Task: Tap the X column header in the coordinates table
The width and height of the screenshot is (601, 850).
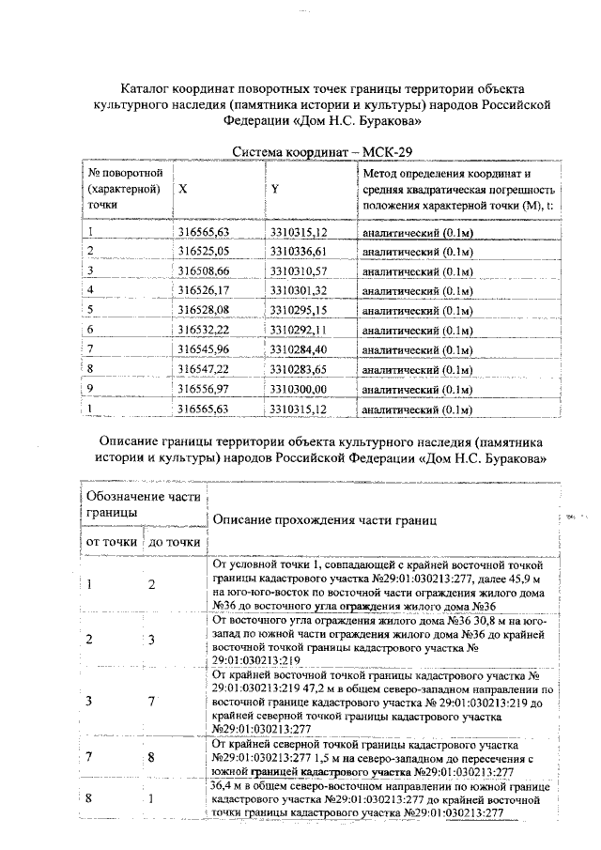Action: (x=182, y=189)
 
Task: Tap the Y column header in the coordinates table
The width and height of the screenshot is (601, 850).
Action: (x=275, y=189)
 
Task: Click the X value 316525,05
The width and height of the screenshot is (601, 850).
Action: (x=204, y=251)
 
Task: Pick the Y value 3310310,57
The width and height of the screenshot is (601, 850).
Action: (x=298, y=270)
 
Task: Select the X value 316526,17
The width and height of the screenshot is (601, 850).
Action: (x=204, y=290)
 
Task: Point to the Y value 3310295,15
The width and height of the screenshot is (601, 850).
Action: (x=298, y=310)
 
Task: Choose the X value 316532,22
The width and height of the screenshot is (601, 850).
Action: (x=204, y=330)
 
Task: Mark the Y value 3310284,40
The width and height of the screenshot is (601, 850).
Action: (x=298, y=349)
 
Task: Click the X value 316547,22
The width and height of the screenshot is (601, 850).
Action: (x=204, y=369)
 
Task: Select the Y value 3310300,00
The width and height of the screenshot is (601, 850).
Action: (x=298, y=389)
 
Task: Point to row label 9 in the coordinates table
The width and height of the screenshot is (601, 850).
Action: (x=89, y=389)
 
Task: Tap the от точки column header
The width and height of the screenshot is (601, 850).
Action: (x=109, y=541)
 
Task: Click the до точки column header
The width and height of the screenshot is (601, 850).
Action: (x=174, y=541)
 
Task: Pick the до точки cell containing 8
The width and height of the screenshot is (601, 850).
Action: (x=151, y=756)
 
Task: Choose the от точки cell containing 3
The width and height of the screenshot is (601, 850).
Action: (x=89, y=701)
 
